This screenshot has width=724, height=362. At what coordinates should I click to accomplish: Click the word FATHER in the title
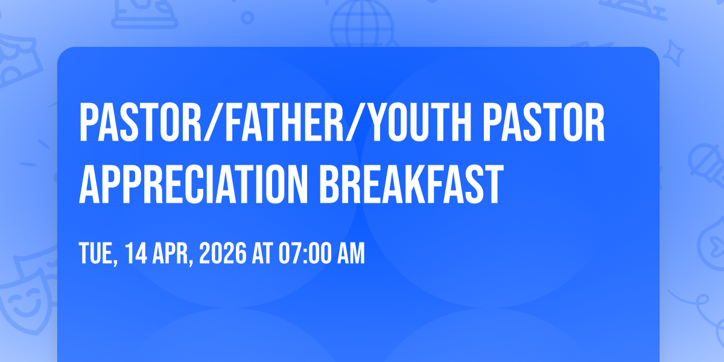[x=284, y=122]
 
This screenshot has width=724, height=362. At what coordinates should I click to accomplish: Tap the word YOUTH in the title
[x=420, y=122]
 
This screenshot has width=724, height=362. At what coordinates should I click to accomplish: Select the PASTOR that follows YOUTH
[x=544, y=122]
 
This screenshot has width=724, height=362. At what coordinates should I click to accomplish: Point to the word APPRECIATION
[x=193, y=184]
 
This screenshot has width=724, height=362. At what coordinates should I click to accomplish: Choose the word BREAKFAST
[x=411, y=184]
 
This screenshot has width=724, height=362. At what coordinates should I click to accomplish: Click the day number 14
[x=136, y=253]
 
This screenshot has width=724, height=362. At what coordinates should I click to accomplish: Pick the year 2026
[x=223, y=253]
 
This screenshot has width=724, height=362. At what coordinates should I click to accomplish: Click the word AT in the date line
[x=262, y=253]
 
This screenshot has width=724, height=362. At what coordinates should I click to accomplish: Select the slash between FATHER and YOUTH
[x=355, y=122]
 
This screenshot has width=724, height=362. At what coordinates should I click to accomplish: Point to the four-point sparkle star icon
[x=673, y=53]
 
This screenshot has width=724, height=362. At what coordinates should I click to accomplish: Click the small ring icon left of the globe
[x=247, y=17]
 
